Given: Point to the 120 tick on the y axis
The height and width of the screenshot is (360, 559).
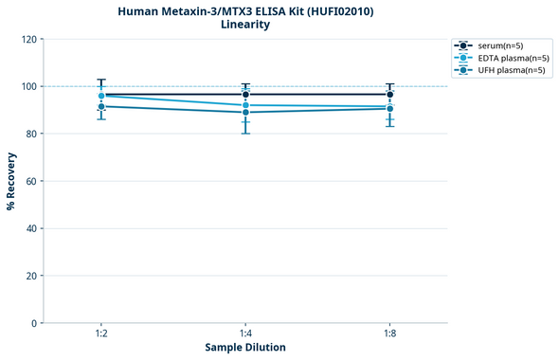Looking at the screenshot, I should click(28, 39).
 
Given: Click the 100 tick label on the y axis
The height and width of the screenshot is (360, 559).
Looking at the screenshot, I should click(28, 86).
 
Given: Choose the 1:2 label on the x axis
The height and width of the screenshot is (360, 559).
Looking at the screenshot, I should click(101, 333).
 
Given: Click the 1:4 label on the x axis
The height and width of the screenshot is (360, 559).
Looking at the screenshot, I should click(245, 333).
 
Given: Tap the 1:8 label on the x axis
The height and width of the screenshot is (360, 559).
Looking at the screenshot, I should click(389, 333).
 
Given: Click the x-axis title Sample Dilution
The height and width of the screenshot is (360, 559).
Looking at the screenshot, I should click(245, 348).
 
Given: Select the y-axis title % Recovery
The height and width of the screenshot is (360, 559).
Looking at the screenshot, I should click(11, 181).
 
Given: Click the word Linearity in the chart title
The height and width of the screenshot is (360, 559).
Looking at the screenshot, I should click(245, 25).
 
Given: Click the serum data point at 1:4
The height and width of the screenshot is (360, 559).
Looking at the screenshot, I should click(245, 95).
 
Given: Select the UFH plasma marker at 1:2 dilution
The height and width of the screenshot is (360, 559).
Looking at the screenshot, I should click(101, 106).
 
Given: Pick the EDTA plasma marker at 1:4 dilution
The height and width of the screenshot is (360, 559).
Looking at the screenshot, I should click(245, 105).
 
